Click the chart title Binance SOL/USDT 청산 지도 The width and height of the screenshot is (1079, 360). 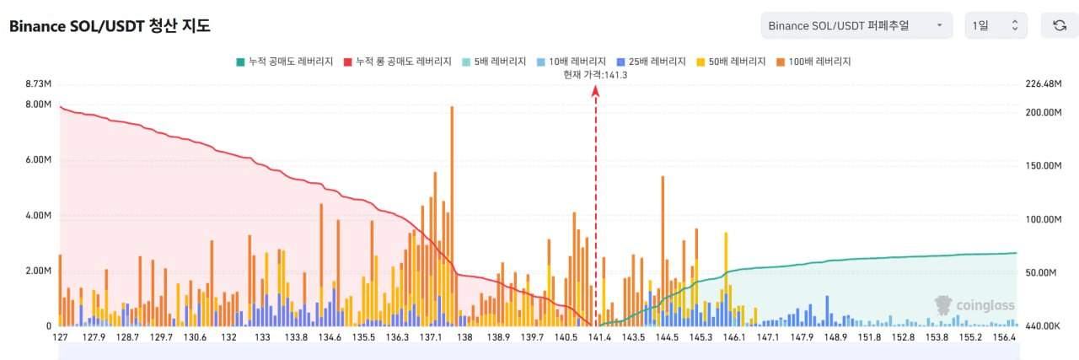110,26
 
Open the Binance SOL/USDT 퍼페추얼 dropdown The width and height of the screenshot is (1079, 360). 856,25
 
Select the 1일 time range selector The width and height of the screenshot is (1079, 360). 996,25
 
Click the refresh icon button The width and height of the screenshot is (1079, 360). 1060,25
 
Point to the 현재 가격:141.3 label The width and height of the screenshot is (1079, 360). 595,75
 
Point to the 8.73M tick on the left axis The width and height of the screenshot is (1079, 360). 40,84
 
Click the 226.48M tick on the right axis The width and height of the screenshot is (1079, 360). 1041,84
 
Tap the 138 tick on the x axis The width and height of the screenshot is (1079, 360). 464,337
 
